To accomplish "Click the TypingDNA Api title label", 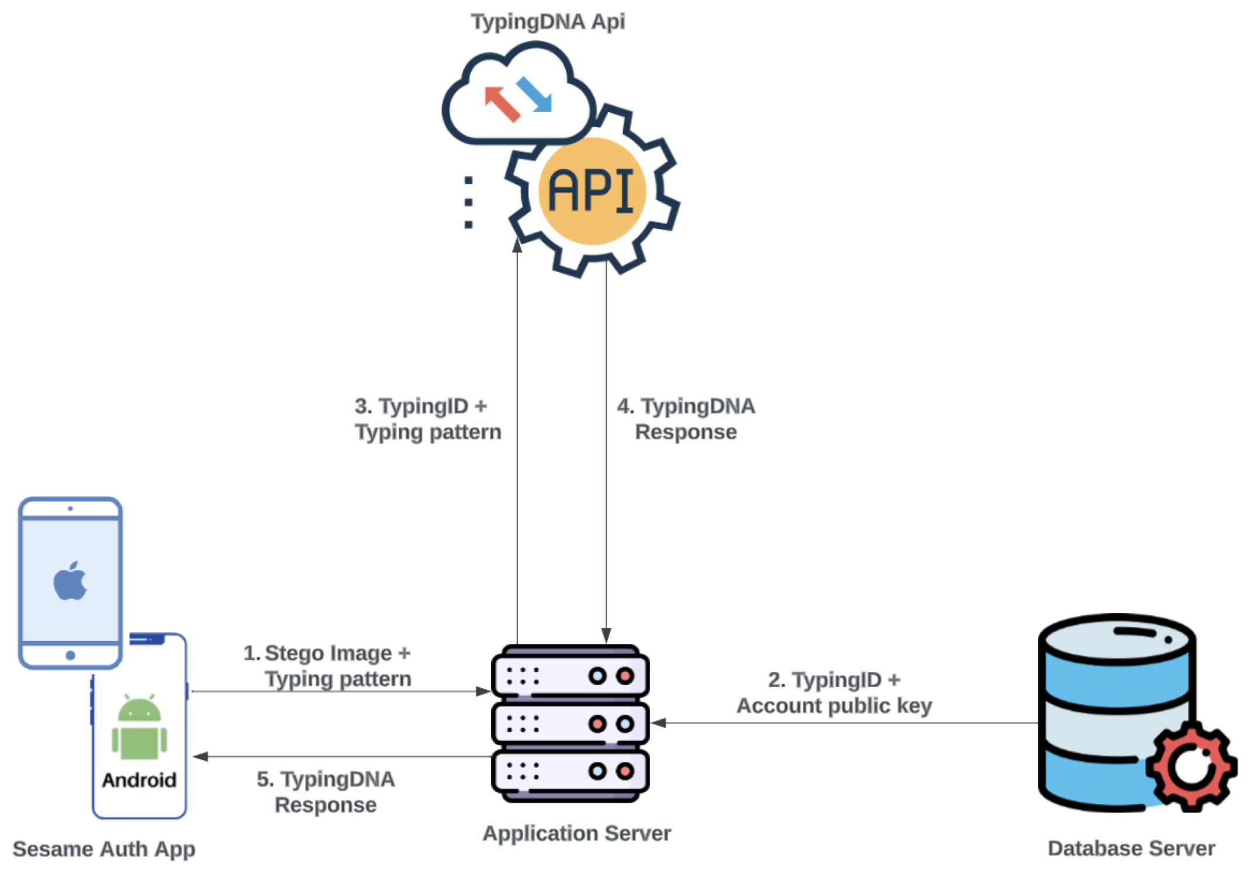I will coord(548,22).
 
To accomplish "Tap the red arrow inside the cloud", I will coord(501,103).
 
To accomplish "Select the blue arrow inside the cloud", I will coord(535,93).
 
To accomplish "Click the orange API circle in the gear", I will coord(591,190).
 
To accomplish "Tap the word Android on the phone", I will coord(139,780).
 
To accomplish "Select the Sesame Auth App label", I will coord(104,848).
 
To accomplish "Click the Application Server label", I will coord(577,833).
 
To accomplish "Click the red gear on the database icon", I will coord(1191,765).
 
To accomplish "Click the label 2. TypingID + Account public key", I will coord(834,692).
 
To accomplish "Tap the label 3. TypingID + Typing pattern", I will coord(427,419).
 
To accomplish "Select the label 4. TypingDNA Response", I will coord(686,419).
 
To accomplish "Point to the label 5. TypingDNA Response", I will coord(326,792).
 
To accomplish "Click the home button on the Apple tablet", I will coord(70,655).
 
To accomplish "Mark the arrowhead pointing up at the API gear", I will coord(517,245).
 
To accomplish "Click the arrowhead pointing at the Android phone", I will coord(200,757).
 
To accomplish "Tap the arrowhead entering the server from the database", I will coord(659,723).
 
